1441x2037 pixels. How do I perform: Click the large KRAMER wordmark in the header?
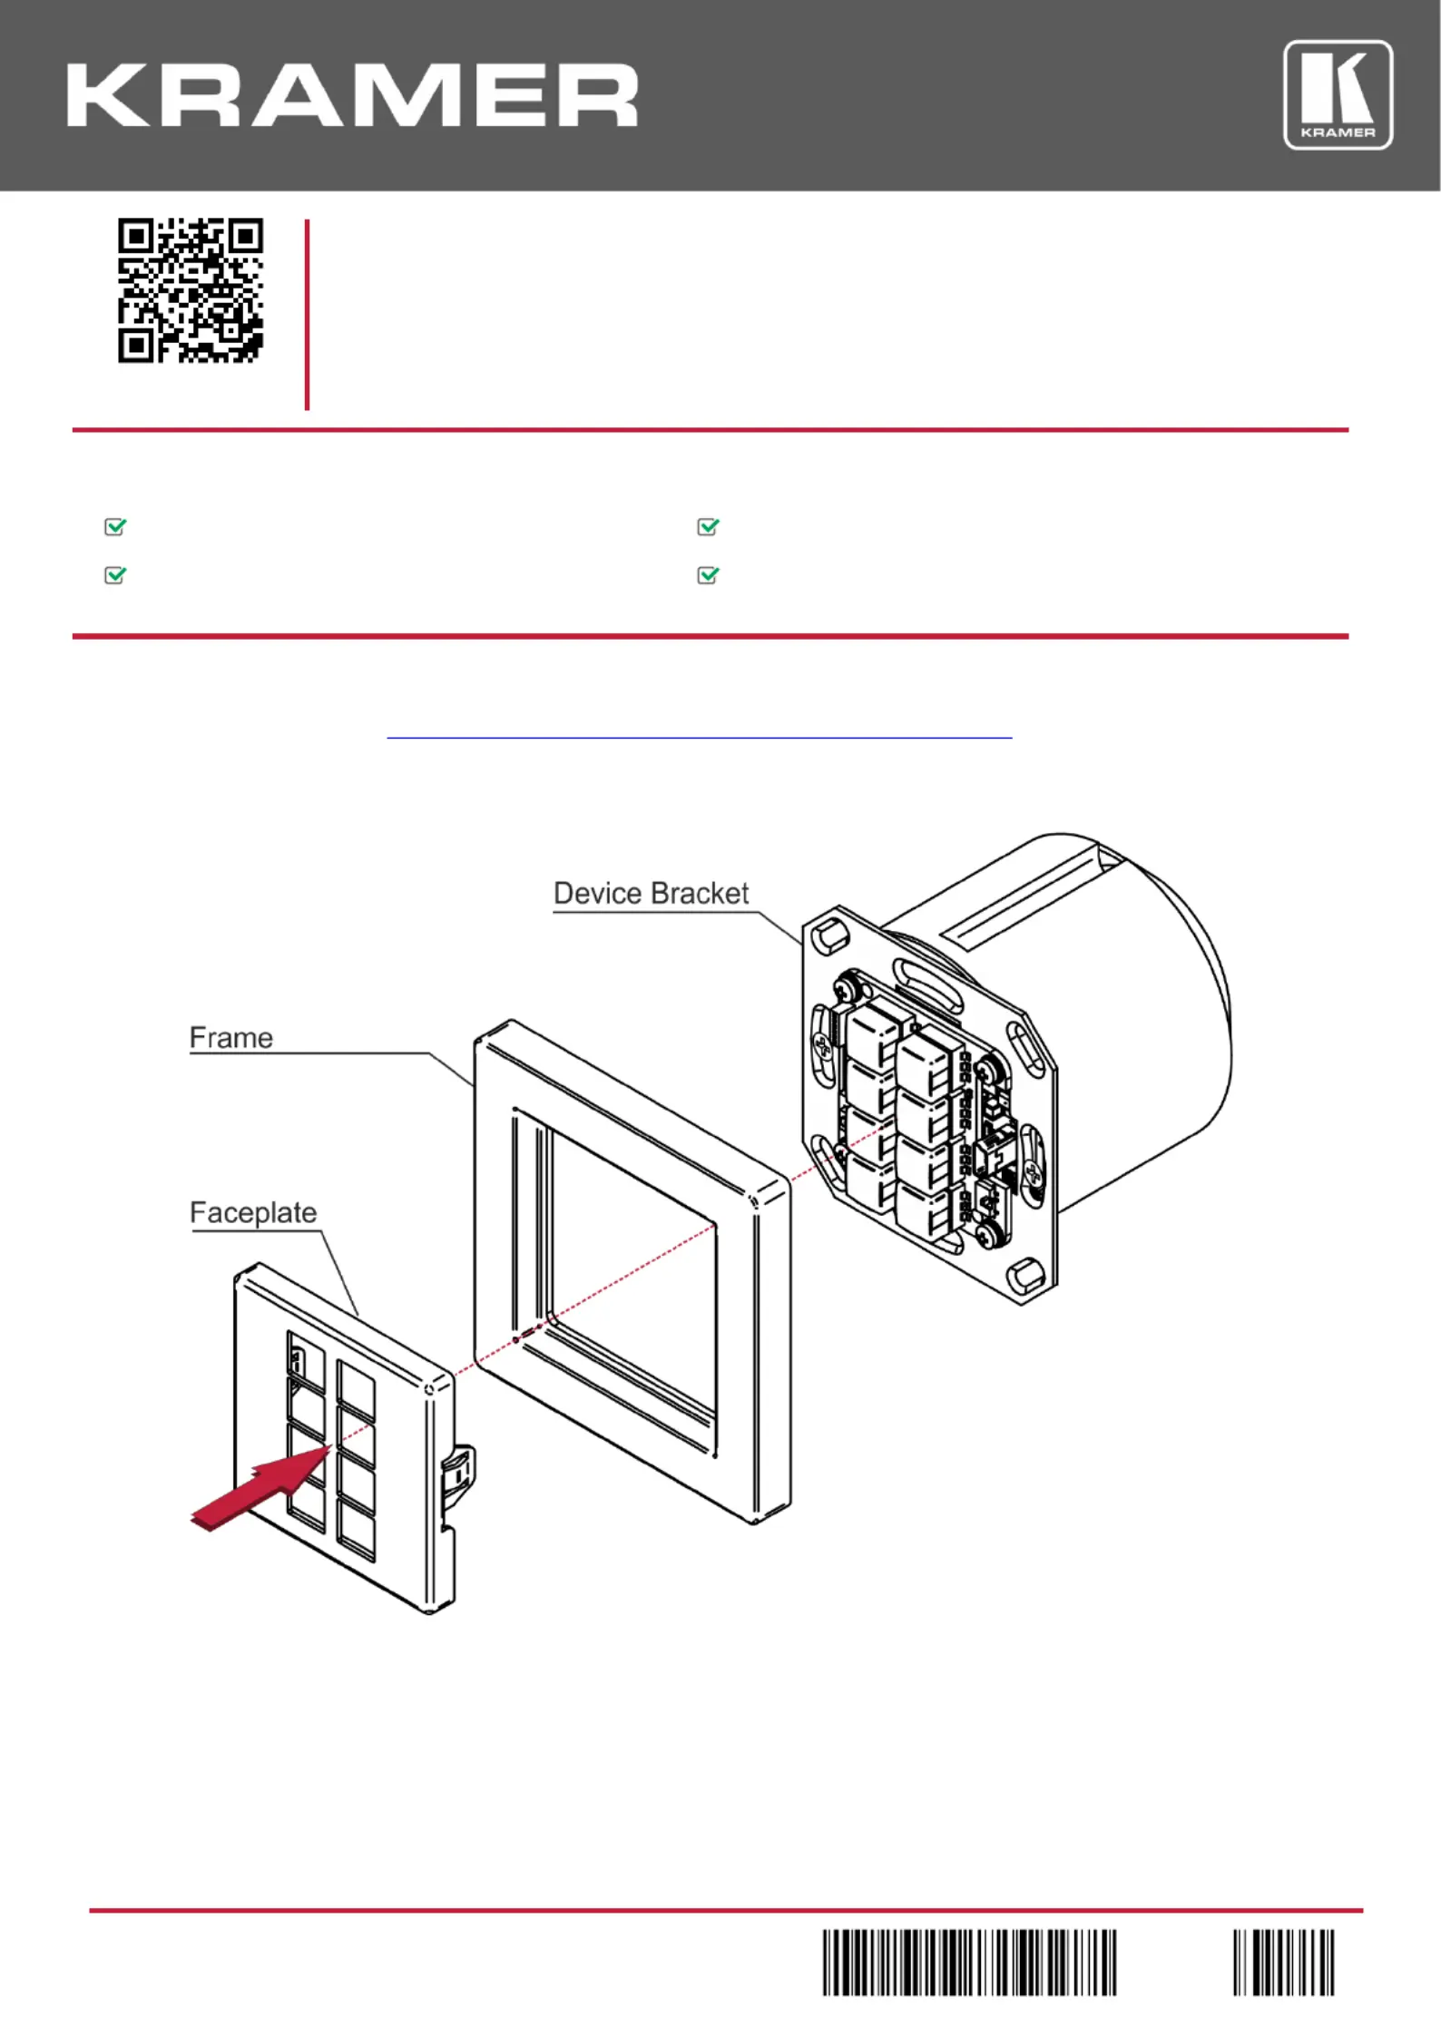pos(352,95)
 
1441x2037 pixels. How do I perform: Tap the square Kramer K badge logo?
pos(1338,94)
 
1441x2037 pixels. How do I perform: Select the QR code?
pos(191,290)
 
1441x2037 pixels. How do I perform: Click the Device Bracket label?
pos(651,893)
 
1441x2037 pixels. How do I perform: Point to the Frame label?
pos(230,1037)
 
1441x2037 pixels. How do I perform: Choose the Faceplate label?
pos(253,1213)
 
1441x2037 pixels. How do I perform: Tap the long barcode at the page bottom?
pos(969,1963)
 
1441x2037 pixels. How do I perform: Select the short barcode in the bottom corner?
pos(1283,1963)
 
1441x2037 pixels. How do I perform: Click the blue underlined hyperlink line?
pos(699,738)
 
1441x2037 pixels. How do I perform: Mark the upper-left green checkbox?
pos(115,526)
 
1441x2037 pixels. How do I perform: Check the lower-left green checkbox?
pos(115,575)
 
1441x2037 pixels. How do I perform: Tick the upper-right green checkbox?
pos(708,526)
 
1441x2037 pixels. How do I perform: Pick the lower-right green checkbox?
pos(708,575)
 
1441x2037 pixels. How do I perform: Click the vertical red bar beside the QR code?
pos(308,315)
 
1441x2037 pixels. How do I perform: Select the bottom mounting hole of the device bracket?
pos(1026,1275)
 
